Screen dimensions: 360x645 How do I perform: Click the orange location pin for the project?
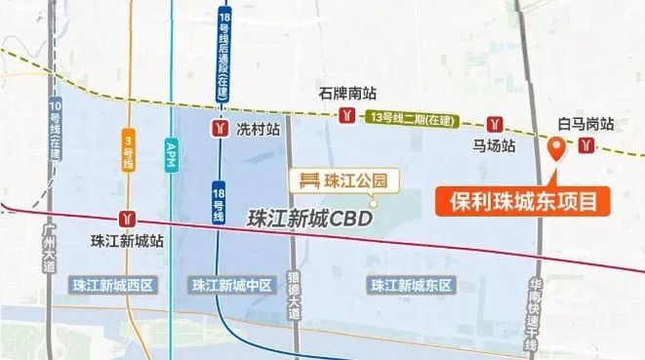556,148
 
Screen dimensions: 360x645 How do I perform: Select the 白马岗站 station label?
585,124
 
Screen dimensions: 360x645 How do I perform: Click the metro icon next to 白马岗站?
585,145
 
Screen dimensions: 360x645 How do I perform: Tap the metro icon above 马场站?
497,125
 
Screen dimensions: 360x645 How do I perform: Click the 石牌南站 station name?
347,95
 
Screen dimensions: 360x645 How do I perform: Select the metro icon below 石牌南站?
348,116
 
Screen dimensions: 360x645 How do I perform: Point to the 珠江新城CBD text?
311,220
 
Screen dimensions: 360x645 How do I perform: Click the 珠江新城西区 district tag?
113,285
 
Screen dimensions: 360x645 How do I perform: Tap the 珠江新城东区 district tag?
412,285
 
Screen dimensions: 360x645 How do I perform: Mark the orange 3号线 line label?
127,152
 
